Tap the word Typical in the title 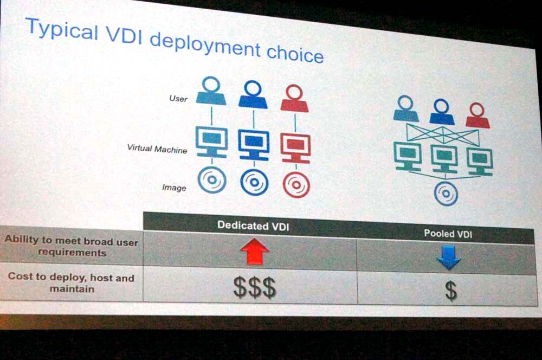coord(62,30)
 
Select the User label coord(178,99)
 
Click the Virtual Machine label coord(157,149)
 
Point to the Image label coord(174,188)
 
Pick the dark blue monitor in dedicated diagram coord(254,145)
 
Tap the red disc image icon coord(296,184)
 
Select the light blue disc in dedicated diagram coord(212,180)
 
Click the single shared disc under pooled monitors coord(446,194)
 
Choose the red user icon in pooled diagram coord(478,115)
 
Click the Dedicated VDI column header coord(253,226)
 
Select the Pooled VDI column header coord(448,234)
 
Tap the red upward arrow coord(255,251)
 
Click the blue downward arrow coord(449,258)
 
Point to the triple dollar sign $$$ coord(255,287)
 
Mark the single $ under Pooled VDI coord(451,290)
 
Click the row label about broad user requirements coord(72,246)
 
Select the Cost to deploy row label coord(71,282)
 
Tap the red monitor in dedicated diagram coord(295,149)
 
